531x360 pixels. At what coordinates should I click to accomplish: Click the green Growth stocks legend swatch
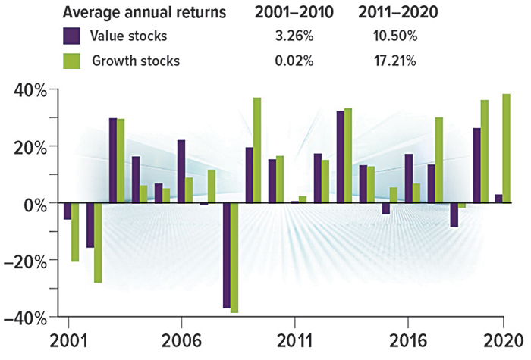(73, 61)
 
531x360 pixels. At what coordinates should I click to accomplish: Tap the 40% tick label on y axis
(28, 90)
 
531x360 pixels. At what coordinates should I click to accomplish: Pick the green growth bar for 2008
(234, 258)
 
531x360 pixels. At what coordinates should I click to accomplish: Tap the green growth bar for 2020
(507, 149)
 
